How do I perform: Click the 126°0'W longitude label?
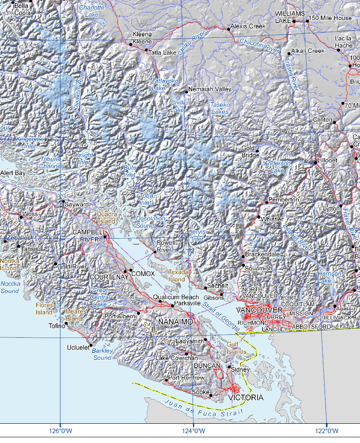pyautogui.click(x=61, y=431)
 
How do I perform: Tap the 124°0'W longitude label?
pyautogui.click(x=193, y=431)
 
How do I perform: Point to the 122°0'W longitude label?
pyautogui.click(x=327, y=431)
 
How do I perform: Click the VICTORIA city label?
pyautogui.click(x=246, y=398)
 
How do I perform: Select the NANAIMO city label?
pyautogui.click(x=176, y=322)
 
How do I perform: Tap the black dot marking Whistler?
pyautogui.click(x=259, y=217)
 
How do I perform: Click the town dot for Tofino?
pyautogui.click(x=66, y=323)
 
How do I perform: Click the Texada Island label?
pyautogui.click(x=177, y=276)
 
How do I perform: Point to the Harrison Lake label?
pyautogui.click(x=330, y=277)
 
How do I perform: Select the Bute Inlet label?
pyautogui.click(x=130, y=171)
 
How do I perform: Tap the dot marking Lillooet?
pyautogui.click(x=316, y=163)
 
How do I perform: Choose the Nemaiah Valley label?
pyautogui.click(x=209, y=89)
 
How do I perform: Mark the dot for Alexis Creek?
pyautogui.click(x=229, y=29)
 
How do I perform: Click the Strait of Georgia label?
pyautogui.click(x=221, y=316)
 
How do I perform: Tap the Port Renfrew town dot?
pyautogui.click(x=166, y=380)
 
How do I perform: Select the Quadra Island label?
pyautogui.click(x=107, y=218)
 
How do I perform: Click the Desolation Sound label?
pyautogui.click(x=151, y=222)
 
